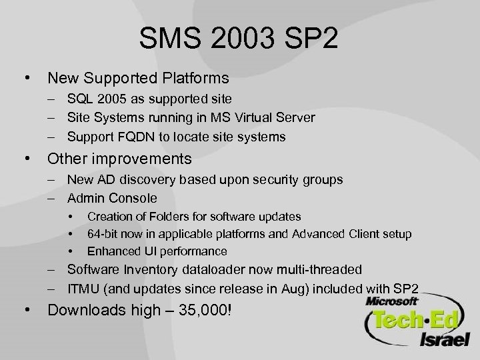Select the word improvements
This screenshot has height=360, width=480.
coord(148,160)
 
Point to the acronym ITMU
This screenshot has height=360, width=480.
coord(81,288)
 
